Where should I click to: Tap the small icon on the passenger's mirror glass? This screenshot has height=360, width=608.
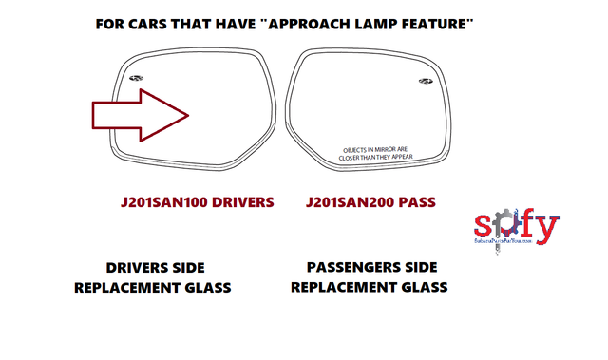click(423, 80)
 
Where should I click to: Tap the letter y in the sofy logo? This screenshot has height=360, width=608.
click(548, 228)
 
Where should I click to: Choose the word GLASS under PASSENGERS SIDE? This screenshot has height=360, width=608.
click(420, 287)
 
